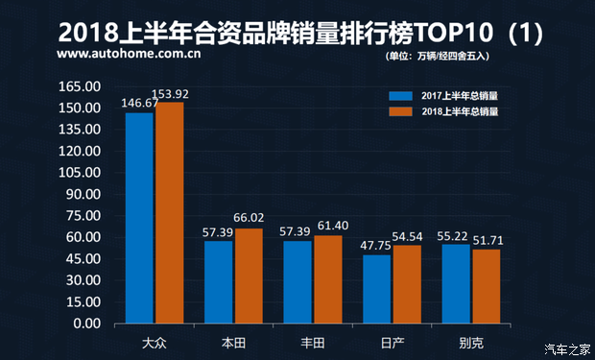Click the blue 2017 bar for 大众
click(x=139, y=218)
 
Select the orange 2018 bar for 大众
click(x=170, y=213)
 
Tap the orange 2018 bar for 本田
click(x=249, y=276)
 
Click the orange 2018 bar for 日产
click(x=407, y=284)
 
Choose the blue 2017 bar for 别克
click(x=456, y=284)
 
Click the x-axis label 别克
click(x=471, y=342)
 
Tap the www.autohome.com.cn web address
click(x=129, y=55)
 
